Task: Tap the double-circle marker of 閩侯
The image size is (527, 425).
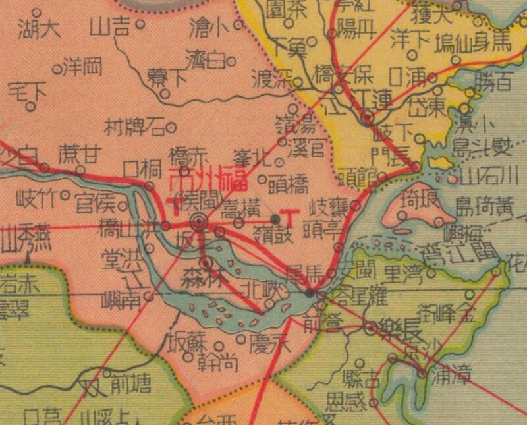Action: pos(197,221)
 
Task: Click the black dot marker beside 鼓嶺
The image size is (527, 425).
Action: pos(275,218)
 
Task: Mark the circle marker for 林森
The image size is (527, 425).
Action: pos(207,264)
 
